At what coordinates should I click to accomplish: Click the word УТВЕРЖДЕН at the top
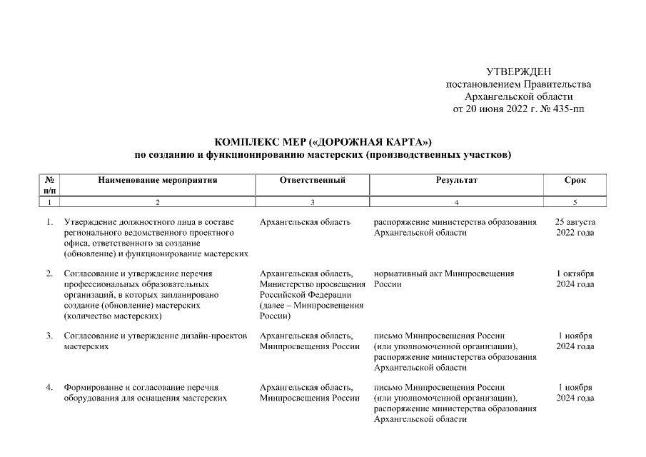[518, 71]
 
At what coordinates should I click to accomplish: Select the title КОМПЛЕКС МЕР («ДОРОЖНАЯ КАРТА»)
[323, 141]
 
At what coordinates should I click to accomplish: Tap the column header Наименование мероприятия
[158, 181]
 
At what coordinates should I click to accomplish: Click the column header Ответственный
[313, 181]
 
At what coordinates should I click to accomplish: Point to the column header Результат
[457, 181]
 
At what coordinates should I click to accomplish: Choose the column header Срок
[575, 181]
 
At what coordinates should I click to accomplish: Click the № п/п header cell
[50, 186]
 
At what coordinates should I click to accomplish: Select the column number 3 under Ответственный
[313, 203]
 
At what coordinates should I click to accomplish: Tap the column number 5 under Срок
[575, 203]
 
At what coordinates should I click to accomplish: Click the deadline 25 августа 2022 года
[575, 228]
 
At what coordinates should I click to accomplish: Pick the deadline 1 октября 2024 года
[575, 279]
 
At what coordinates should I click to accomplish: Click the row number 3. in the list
[50, 336]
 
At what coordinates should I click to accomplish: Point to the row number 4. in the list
[50, 388]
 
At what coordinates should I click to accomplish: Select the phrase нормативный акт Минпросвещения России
[443, 279]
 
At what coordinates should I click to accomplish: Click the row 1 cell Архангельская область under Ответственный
[306, 223]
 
